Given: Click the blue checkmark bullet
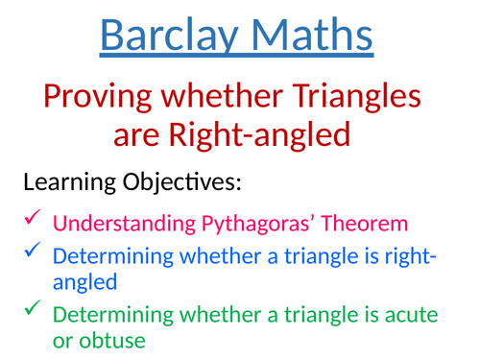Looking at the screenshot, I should pyautogui.click(x=30, y=251).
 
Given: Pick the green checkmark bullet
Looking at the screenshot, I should pyautogui.click(x=30, y=308).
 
